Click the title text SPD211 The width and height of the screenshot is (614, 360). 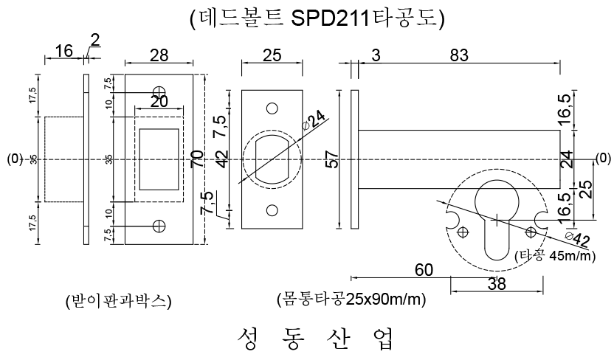tap(331, 18)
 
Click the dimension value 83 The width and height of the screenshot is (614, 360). tap(459, 55)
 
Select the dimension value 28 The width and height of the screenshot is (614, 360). tap(159, 55)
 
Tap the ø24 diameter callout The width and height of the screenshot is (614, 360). tap(314, 120)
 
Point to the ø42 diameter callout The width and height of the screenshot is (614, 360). tap(578, 239)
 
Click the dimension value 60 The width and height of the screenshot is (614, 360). tap(424, 270)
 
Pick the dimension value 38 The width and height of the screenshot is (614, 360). tap(497, 284)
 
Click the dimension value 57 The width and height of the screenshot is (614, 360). tap(332, 159)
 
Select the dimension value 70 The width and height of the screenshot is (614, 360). tap(198, 159)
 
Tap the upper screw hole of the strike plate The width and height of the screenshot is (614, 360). tap(159, 92)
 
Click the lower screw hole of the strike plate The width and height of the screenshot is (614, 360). tap(159, 226)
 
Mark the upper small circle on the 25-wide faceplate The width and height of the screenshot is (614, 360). tap(272, 108)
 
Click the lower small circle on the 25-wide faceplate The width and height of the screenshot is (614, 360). tap(272, 210)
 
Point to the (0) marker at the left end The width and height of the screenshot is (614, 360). tap(15, 159)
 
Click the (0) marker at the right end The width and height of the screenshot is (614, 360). tap(603, 158)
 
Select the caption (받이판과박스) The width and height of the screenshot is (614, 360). tap(119, 301)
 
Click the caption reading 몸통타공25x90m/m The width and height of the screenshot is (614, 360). tap(351, 300)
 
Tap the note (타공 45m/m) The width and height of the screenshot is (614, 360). tap(555, 256)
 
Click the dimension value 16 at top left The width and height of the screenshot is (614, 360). tap(63, 51)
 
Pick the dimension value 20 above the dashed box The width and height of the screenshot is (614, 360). tap(159, 102)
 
